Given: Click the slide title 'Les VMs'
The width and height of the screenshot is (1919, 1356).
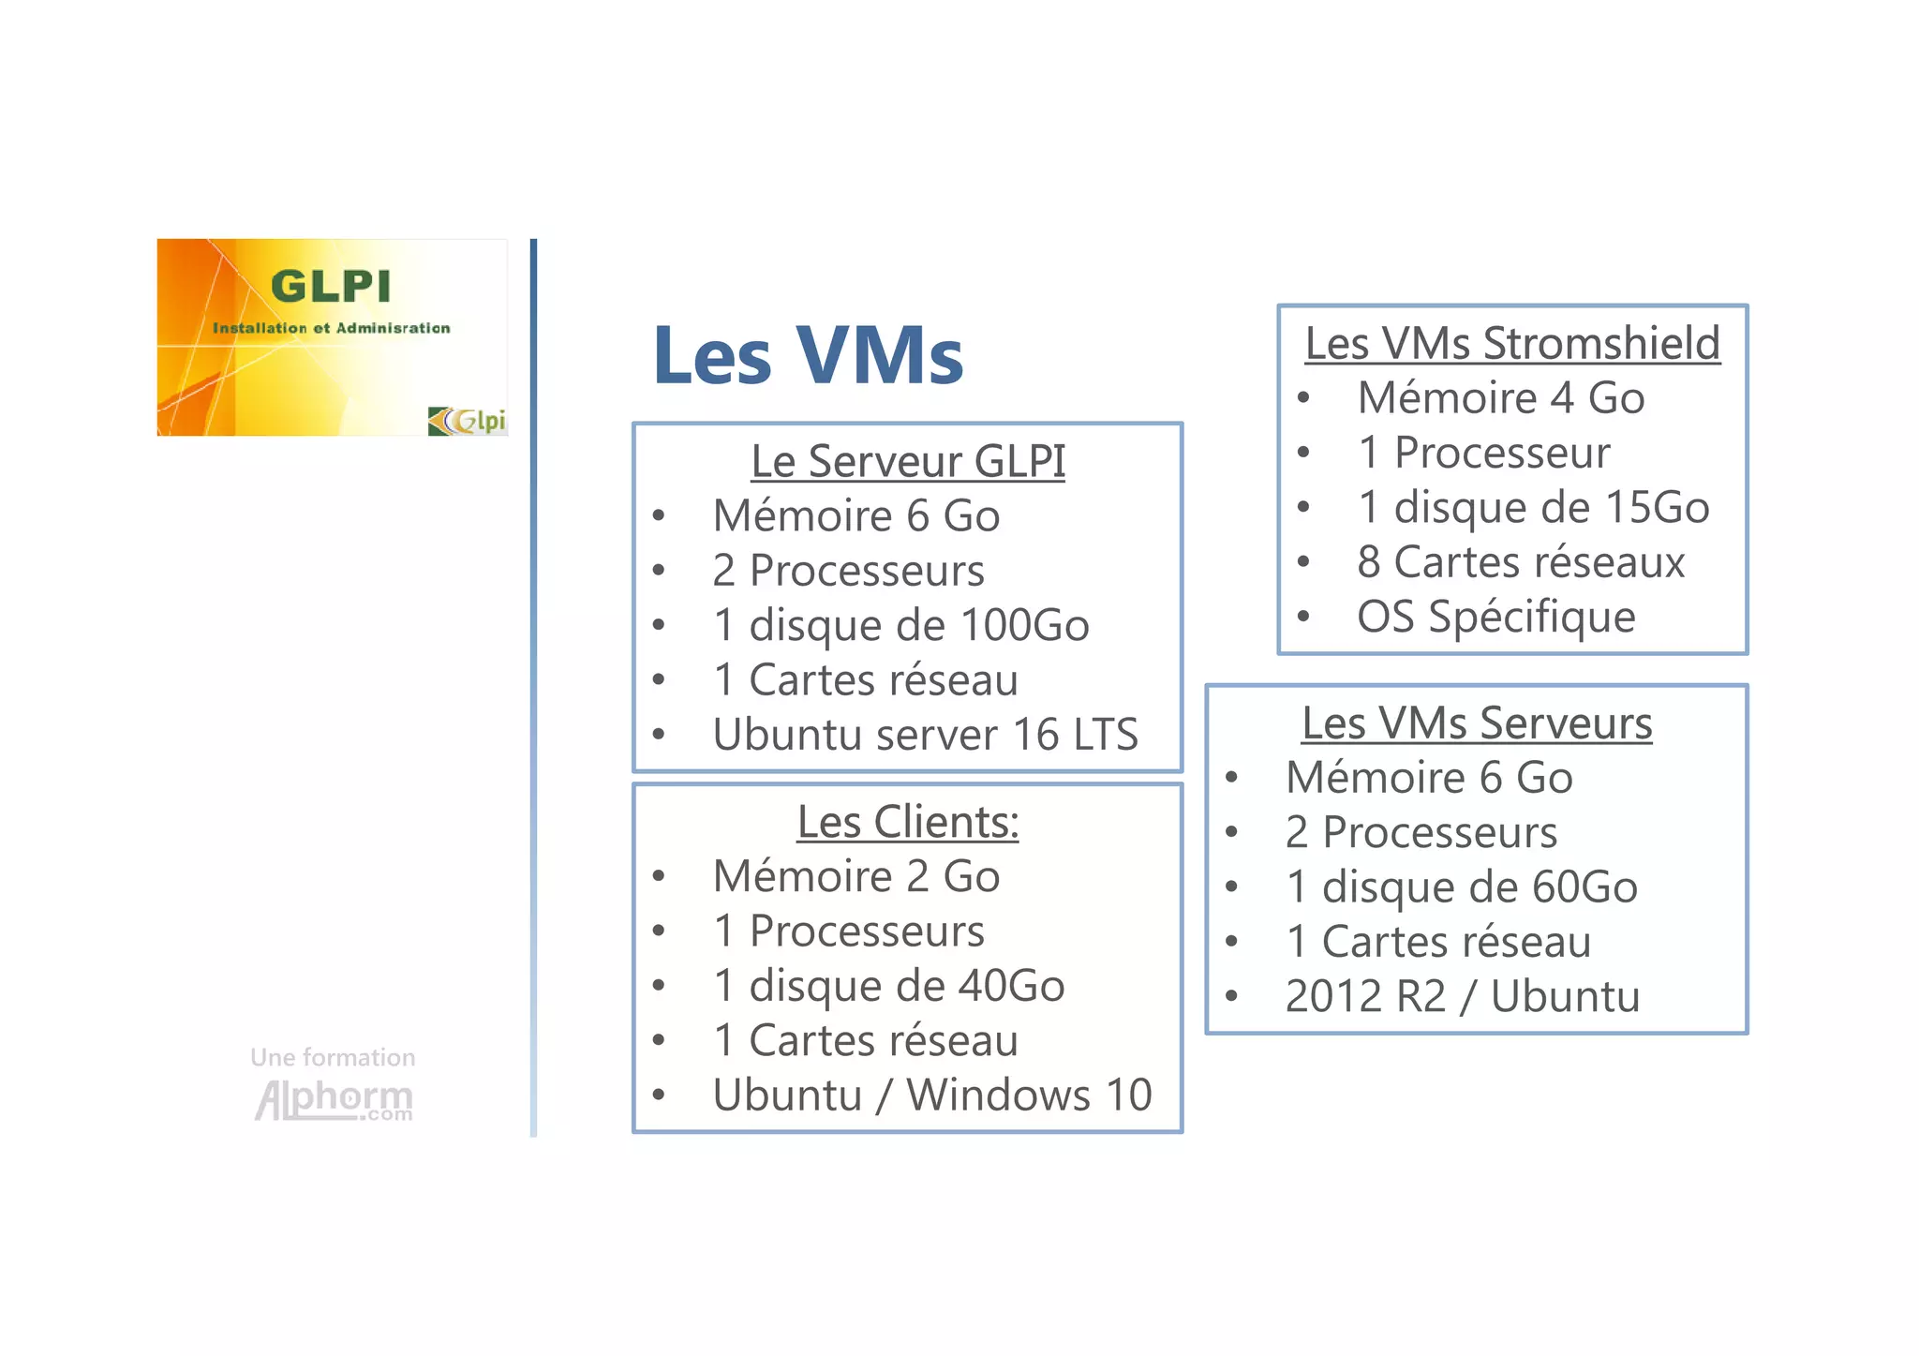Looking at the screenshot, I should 808,355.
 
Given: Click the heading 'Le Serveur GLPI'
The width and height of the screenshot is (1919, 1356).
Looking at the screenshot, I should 908,461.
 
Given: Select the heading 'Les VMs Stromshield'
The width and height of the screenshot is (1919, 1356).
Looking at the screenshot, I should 1512,343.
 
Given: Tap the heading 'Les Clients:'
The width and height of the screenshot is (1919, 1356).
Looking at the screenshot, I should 908,822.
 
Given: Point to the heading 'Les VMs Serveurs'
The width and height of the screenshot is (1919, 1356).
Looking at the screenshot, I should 1477,723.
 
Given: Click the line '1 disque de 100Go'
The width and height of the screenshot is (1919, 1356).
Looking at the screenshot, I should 900,625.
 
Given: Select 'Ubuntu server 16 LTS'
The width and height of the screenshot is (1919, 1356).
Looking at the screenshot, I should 925,734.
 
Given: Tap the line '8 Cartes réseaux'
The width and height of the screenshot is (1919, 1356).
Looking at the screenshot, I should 1521,562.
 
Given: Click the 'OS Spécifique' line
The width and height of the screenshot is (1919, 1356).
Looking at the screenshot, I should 1495,617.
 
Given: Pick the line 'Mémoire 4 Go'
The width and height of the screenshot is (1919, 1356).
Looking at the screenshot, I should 1501,397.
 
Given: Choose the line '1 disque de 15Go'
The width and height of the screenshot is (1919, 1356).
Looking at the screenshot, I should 1533,507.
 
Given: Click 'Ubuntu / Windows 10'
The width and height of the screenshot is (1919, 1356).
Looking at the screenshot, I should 931,1095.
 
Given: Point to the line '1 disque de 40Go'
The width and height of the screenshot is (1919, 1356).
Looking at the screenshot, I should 888,986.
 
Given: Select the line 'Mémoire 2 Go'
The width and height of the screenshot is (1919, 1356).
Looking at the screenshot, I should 856,876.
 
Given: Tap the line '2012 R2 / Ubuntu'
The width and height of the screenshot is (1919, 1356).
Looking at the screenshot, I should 1462,996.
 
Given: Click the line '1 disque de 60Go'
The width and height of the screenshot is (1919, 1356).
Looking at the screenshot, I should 1462,887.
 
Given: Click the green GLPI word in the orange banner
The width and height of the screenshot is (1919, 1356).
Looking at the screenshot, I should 331,286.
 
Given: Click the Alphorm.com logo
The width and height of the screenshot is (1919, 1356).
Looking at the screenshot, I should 334,1100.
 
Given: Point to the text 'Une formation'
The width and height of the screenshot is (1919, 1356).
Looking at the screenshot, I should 333,1057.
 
